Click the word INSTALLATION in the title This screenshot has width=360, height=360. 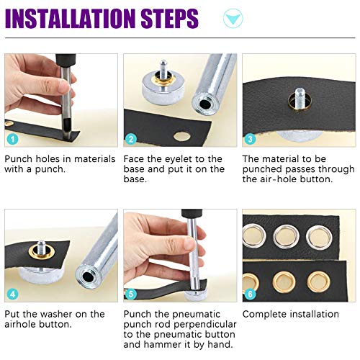tap(78, 19)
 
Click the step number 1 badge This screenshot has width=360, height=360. tap(12, 138)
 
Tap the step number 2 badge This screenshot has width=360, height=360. tap(131, 138)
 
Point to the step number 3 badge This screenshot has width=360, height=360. tap(250, 138)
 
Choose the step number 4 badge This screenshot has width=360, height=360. tap(12, 294)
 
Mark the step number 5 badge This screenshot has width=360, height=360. tap(131, 294)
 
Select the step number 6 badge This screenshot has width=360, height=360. tap(250, 294)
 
